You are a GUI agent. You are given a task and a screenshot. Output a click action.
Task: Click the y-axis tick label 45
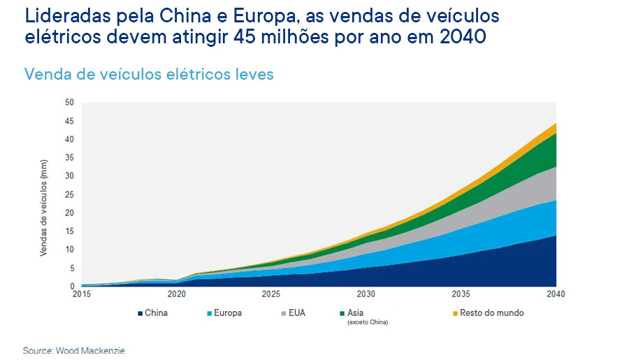(x=68, y=121)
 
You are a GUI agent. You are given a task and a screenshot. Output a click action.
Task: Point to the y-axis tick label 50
(x=68, y=102)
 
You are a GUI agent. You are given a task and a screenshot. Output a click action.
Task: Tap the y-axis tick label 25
(x=68, y=194)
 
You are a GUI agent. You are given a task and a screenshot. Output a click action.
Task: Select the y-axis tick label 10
(x=68, y=250)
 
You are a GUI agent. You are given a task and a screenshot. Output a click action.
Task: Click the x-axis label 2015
(x=82, y=294)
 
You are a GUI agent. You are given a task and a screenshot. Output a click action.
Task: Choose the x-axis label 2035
(x=461, y=294)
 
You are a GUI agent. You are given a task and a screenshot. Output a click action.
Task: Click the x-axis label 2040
(x=556, y=294)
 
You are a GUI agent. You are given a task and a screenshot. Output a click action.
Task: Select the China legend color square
(x=140, y=313)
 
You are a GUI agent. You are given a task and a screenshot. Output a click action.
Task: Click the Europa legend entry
(x=224, y=313)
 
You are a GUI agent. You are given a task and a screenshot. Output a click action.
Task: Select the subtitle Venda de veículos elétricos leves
(x=149, y=73)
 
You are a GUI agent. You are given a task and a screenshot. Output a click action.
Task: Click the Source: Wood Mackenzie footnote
(x=68, y=350)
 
